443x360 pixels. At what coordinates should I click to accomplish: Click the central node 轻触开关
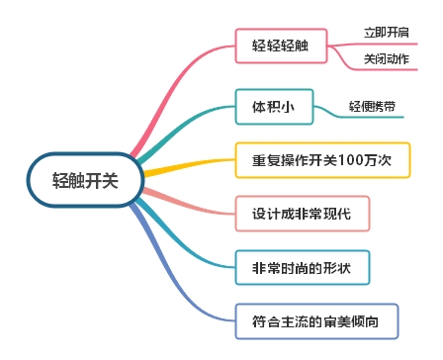[x=83, y=179]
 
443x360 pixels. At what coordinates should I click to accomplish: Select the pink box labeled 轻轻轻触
[x=280, y=45]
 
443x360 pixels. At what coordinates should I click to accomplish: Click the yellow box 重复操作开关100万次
[x=323, y=161]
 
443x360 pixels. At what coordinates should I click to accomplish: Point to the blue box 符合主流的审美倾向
[x=316, y=320]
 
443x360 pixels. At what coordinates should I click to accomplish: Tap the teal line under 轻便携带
[x=371, y=117]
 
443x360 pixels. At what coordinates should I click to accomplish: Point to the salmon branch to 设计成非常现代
[x=188, y=203]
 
